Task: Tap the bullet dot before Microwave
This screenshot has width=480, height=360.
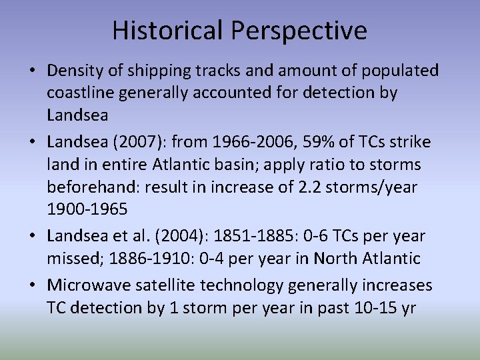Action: [33, 285]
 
